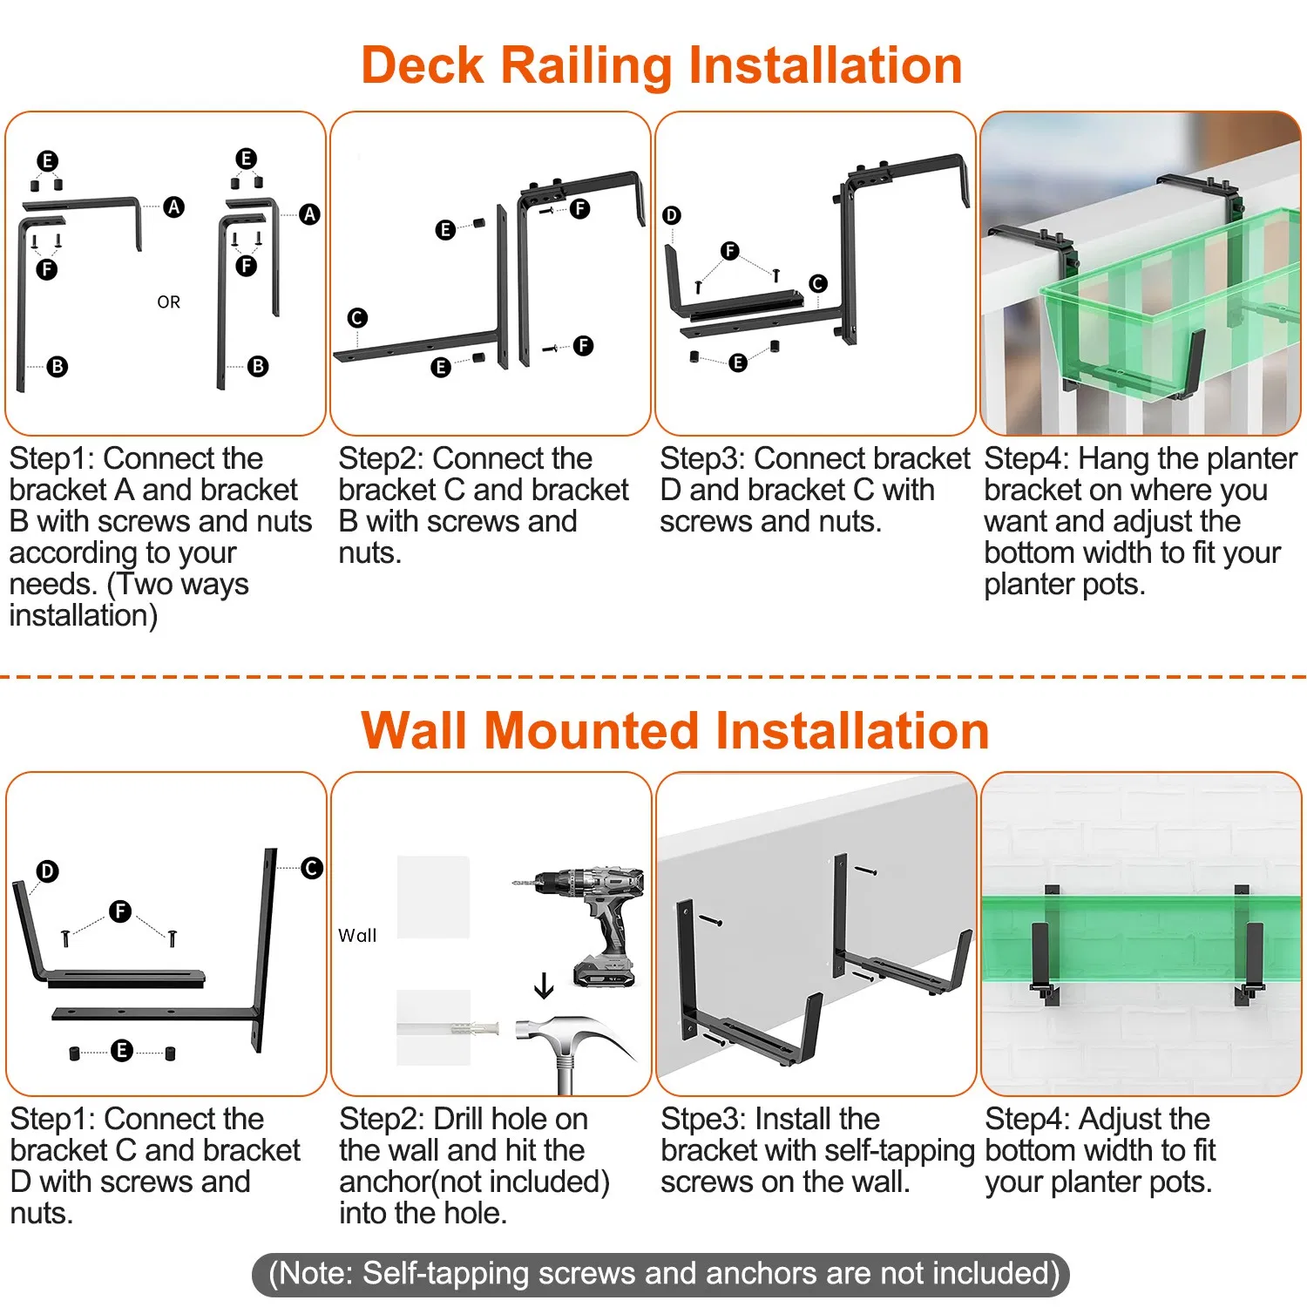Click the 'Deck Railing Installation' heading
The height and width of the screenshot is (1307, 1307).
[x=661, y=65]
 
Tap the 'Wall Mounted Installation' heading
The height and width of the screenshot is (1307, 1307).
[x=675, y=730]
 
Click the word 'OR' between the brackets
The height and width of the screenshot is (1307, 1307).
[x=169, y=302]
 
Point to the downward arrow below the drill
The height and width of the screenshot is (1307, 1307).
[x=544, y=985]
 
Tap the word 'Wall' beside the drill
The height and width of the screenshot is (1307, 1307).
[x=357, y=936]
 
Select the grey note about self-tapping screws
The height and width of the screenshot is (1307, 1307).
[x=660, y=1275]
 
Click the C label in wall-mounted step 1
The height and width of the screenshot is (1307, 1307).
[x=311, y=868]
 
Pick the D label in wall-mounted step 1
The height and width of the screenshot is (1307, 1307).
[x=47, y=871]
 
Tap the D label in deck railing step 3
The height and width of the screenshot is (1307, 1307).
[x=671, y=215]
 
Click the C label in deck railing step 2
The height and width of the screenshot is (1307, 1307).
[x=357, y=318]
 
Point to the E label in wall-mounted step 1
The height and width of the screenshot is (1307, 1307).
[x=121, y=1050]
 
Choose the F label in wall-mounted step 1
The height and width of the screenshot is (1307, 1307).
[x=120, y=911]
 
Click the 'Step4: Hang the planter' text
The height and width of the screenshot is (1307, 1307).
[x=1141, y=459]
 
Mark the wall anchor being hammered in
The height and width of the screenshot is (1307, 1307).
[x=474, y=1029]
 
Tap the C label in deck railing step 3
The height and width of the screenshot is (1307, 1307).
[x=817, y=283]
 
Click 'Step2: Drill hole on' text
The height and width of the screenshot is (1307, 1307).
[x=464, y=1119]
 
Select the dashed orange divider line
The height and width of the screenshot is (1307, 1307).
[x=653, y=676]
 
